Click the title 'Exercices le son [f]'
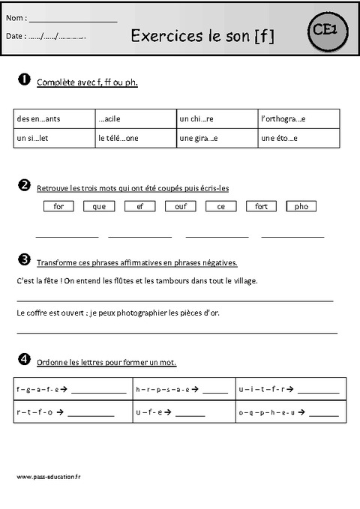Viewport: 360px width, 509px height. [202, 34]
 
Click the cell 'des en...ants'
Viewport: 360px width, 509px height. [37, 118]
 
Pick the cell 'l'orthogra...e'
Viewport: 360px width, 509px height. [283, 118]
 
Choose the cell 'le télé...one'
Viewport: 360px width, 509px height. [118, 139]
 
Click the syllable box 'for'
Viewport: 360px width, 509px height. [58, 206]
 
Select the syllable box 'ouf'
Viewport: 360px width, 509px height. [181, 206]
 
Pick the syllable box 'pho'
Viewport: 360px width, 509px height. [301, 206]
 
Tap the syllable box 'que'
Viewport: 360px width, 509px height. [99, 206]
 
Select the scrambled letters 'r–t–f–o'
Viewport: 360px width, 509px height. [34, 412]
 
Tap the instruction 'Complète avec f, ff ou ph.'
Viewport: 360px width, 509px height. [87, 82]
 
